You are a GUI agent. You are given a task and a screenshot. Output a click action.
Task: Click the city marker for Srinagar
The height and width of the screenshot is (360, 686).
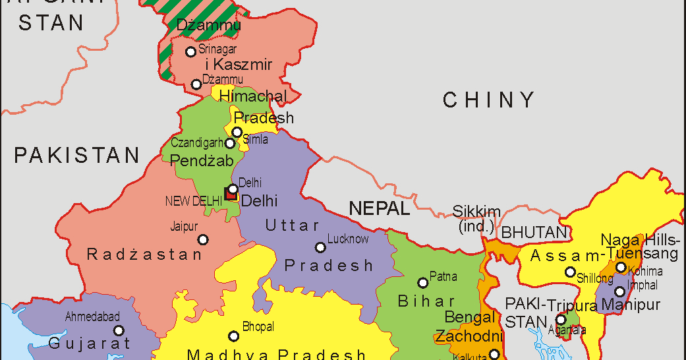click(x=191, y=51)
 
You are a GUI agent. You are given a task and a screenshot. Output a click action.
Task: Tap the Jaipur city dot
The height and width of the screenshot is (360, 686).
click(x=203, y=239)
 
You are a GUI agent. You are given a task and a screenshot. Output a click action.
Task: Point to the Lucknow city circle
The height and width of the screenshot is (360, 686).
click(x=320, y=248)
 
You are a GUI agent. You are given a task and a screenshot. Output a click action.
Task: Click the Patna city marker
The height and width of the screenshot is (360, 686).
click(x=423, y=283)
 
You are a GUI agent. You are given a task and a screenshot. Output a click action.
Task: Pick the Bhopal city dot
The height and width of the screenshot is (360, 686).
click(x=233, y=336)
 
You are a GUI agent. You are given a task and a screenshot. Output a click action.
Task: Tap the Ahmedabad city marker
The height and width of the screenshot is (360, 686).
click(x=119, y=331)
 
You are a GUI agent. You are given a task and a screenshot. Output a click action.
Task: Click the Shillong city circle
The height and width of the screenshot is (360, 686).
click(x=571, y=272)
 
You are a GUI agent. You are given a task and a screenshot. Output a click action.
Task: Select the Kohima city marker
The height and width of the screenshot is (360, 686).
click(x=621, y=268)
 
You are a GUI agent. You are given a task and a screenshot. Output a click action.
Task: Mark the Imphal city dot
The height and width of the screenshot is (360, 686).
click(x=619, y=291)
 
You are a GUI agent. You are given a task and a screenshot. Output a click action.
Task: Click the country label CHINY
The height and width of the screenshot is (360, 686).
click(x=488, y=100)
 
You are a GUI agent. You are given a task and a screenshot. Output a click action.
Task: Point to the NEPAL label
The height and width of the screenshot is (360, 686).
click(x=379, y=209)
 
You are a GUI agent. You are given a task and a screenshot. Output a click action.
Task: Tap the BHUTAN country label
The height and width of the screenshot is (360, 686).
click(x=534, y=233)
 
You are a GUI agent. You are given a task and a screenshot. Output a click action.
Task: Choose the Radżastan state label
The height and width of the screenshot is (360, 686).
click(x=144, y=255)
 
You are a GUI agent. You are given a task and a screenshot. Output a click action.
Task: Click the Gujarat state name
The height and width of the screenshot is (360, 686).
click(x=90, y=344)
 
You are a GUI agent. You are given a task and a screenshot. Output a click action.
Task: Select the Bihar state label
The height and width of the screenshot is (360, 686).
click(x=426, y=302)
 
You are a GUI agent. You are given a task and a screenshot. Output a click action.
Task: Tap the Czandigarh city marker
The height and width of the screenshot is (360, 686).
click(x=230, y=143)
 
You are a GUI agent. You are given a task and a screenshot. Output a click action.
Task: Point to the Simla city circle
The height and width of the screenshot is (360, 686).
click(x=237, y=132)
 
